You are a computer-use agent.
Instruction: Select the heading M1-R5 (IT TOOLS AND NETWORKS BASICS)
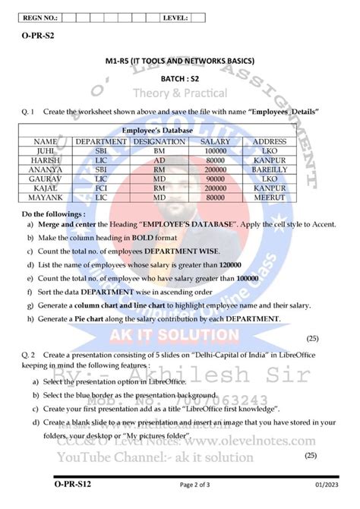[x=180, y=60]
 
